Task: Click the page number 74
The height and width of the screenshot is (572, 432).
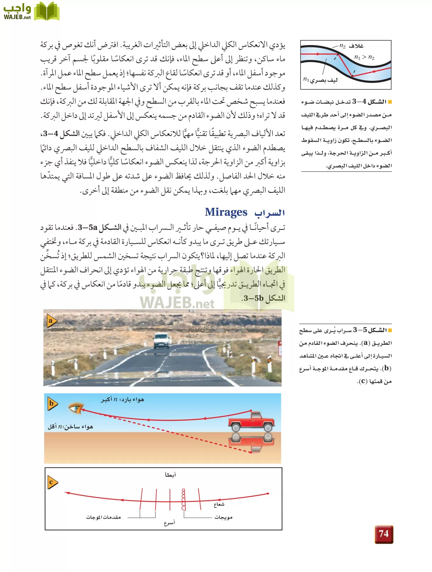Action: coord(384,534)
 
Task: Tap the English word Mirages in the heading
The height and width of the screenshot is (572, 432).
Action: coord(226,212)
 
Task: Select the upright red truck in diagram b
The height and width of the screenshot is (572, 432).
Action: coord(251,422)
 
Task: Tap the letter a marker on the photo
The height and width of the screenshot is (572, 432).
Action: coord(51,321)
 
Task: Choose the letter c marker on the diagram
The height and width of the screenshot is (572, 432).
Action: coord(51,482)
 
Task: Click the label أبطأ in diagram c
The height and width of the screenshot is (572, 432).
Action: coord(170,475)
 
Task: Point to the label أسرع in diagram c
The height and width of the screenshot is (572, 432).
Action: coord(169,523)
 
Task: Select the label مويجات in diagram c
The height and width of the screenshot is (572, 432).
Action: coord(223,517)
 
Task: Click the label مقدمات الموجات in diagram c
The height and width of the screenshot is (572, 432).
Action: coord(103,517)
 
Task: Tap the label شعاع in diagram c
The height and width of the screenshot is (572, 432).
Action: coord(219,504)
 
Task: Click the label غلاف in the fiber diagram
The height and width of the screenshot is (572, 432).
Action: coord(356,46)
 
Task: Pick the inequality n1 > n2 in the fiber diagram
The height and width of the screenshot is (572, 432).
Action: coord(364,58)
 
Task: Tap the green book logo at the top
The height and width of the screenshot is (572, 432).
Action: coord(46,11)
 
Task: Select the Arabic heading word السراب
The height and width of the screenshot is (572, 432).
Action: coord(269,213)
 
